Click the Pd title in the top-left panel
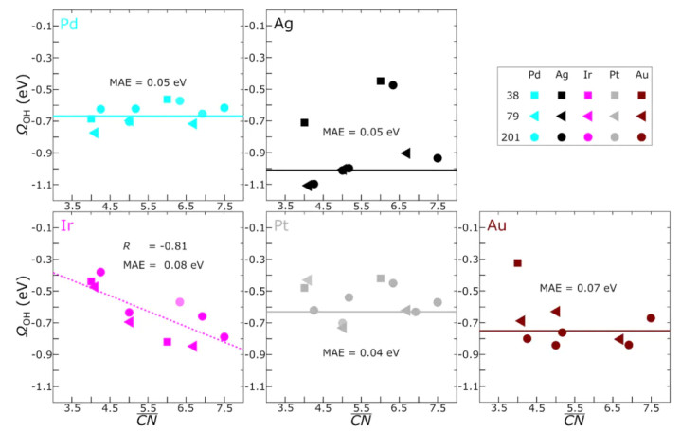(x=69, y=24)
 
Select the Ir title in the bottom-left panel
(x=66, y=227)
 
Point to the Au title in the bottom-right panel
(x=496, y=227)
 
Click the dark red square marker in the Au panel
(x=517, y=263)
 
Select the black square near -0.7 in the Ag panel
(x=304, y=122)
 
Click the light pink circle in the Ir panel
(x=180, y=302)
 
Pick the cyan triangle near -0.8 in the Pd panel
(x=94, y=133)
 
